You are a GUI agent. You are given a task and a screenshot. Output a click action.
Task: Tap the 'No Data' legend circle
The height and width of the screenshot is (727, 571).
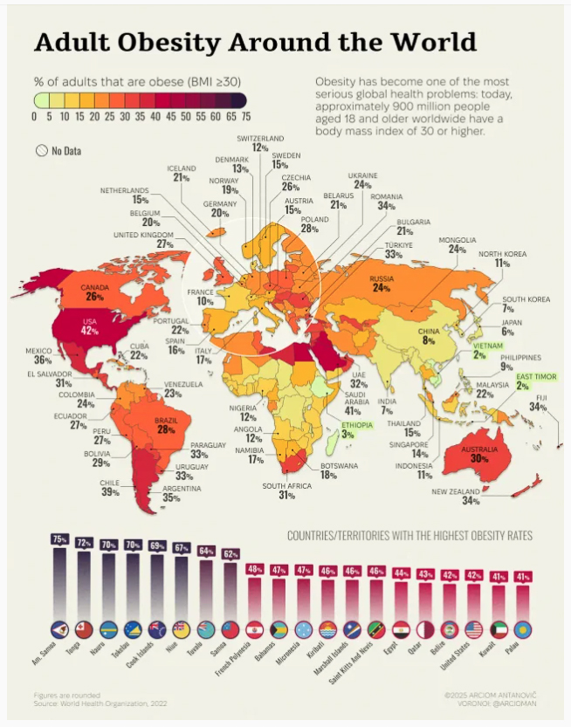tap(41, 150)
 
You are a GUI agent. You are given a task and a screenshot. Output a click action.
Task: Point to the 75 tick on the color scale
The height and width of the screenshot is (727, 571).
tap(246, 116)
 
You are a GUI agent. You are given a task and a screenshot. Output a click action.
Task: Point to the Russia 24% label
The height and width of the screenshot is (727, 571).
tap(381, 283)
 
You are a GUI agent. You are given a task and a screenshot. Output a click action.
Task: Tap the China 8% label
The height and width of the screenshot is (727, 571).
tap(428, 336)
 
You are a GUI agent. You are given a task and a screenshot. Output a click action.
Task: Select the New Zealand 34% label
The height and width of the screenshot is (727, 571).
tap(458, 497)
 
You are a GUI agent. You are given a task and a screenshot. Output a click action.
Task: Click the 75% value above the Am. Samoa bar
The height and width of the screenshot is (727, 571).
tap(59, 539)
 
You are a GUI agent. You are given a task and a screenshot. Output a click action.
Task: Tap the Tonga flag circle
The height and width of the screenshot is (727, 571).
tap(85, 630)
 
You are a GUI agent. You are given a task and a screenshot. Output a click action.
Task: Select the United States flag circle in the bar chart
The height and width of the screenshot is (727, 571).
tap(474, 630)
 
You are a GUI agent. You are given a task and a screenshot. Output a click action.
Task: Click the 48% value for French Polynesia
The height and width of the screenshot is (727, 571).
tap(255, 569)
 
